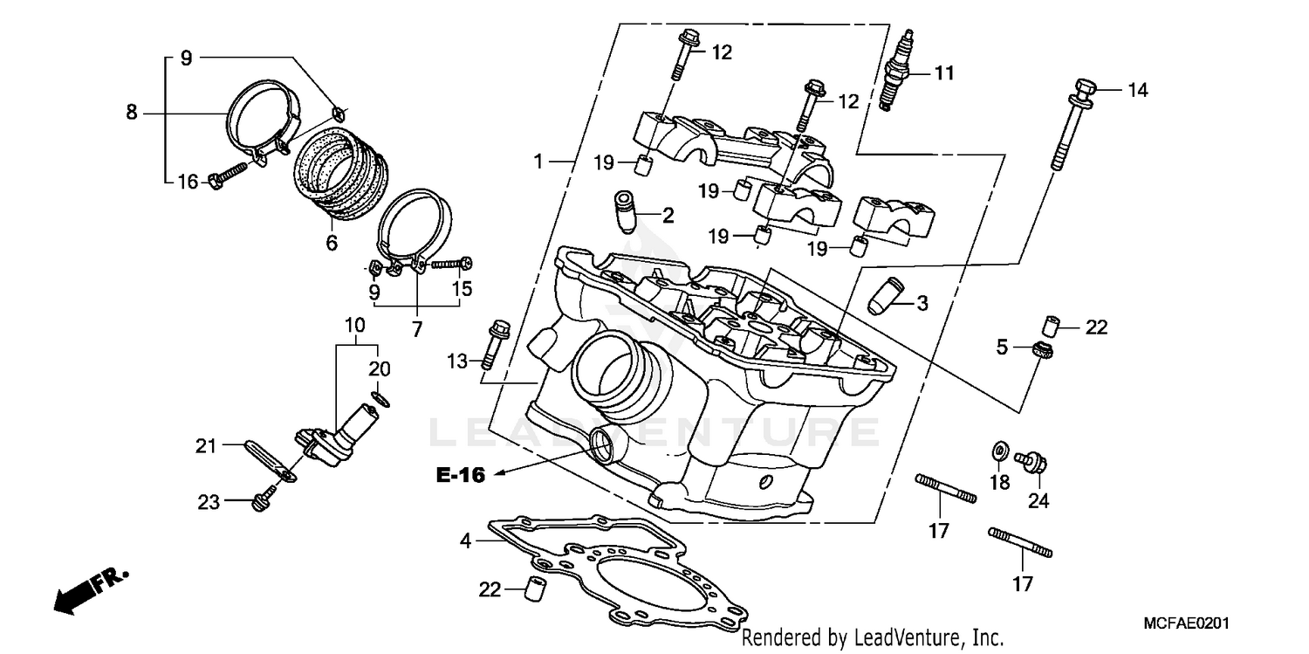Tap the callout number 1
point(539,162)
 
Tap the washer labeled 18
point(997,451)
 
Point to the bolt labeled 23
point(260,502)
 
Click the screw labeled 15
point(450,263)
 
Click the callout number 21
point(205,447)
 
